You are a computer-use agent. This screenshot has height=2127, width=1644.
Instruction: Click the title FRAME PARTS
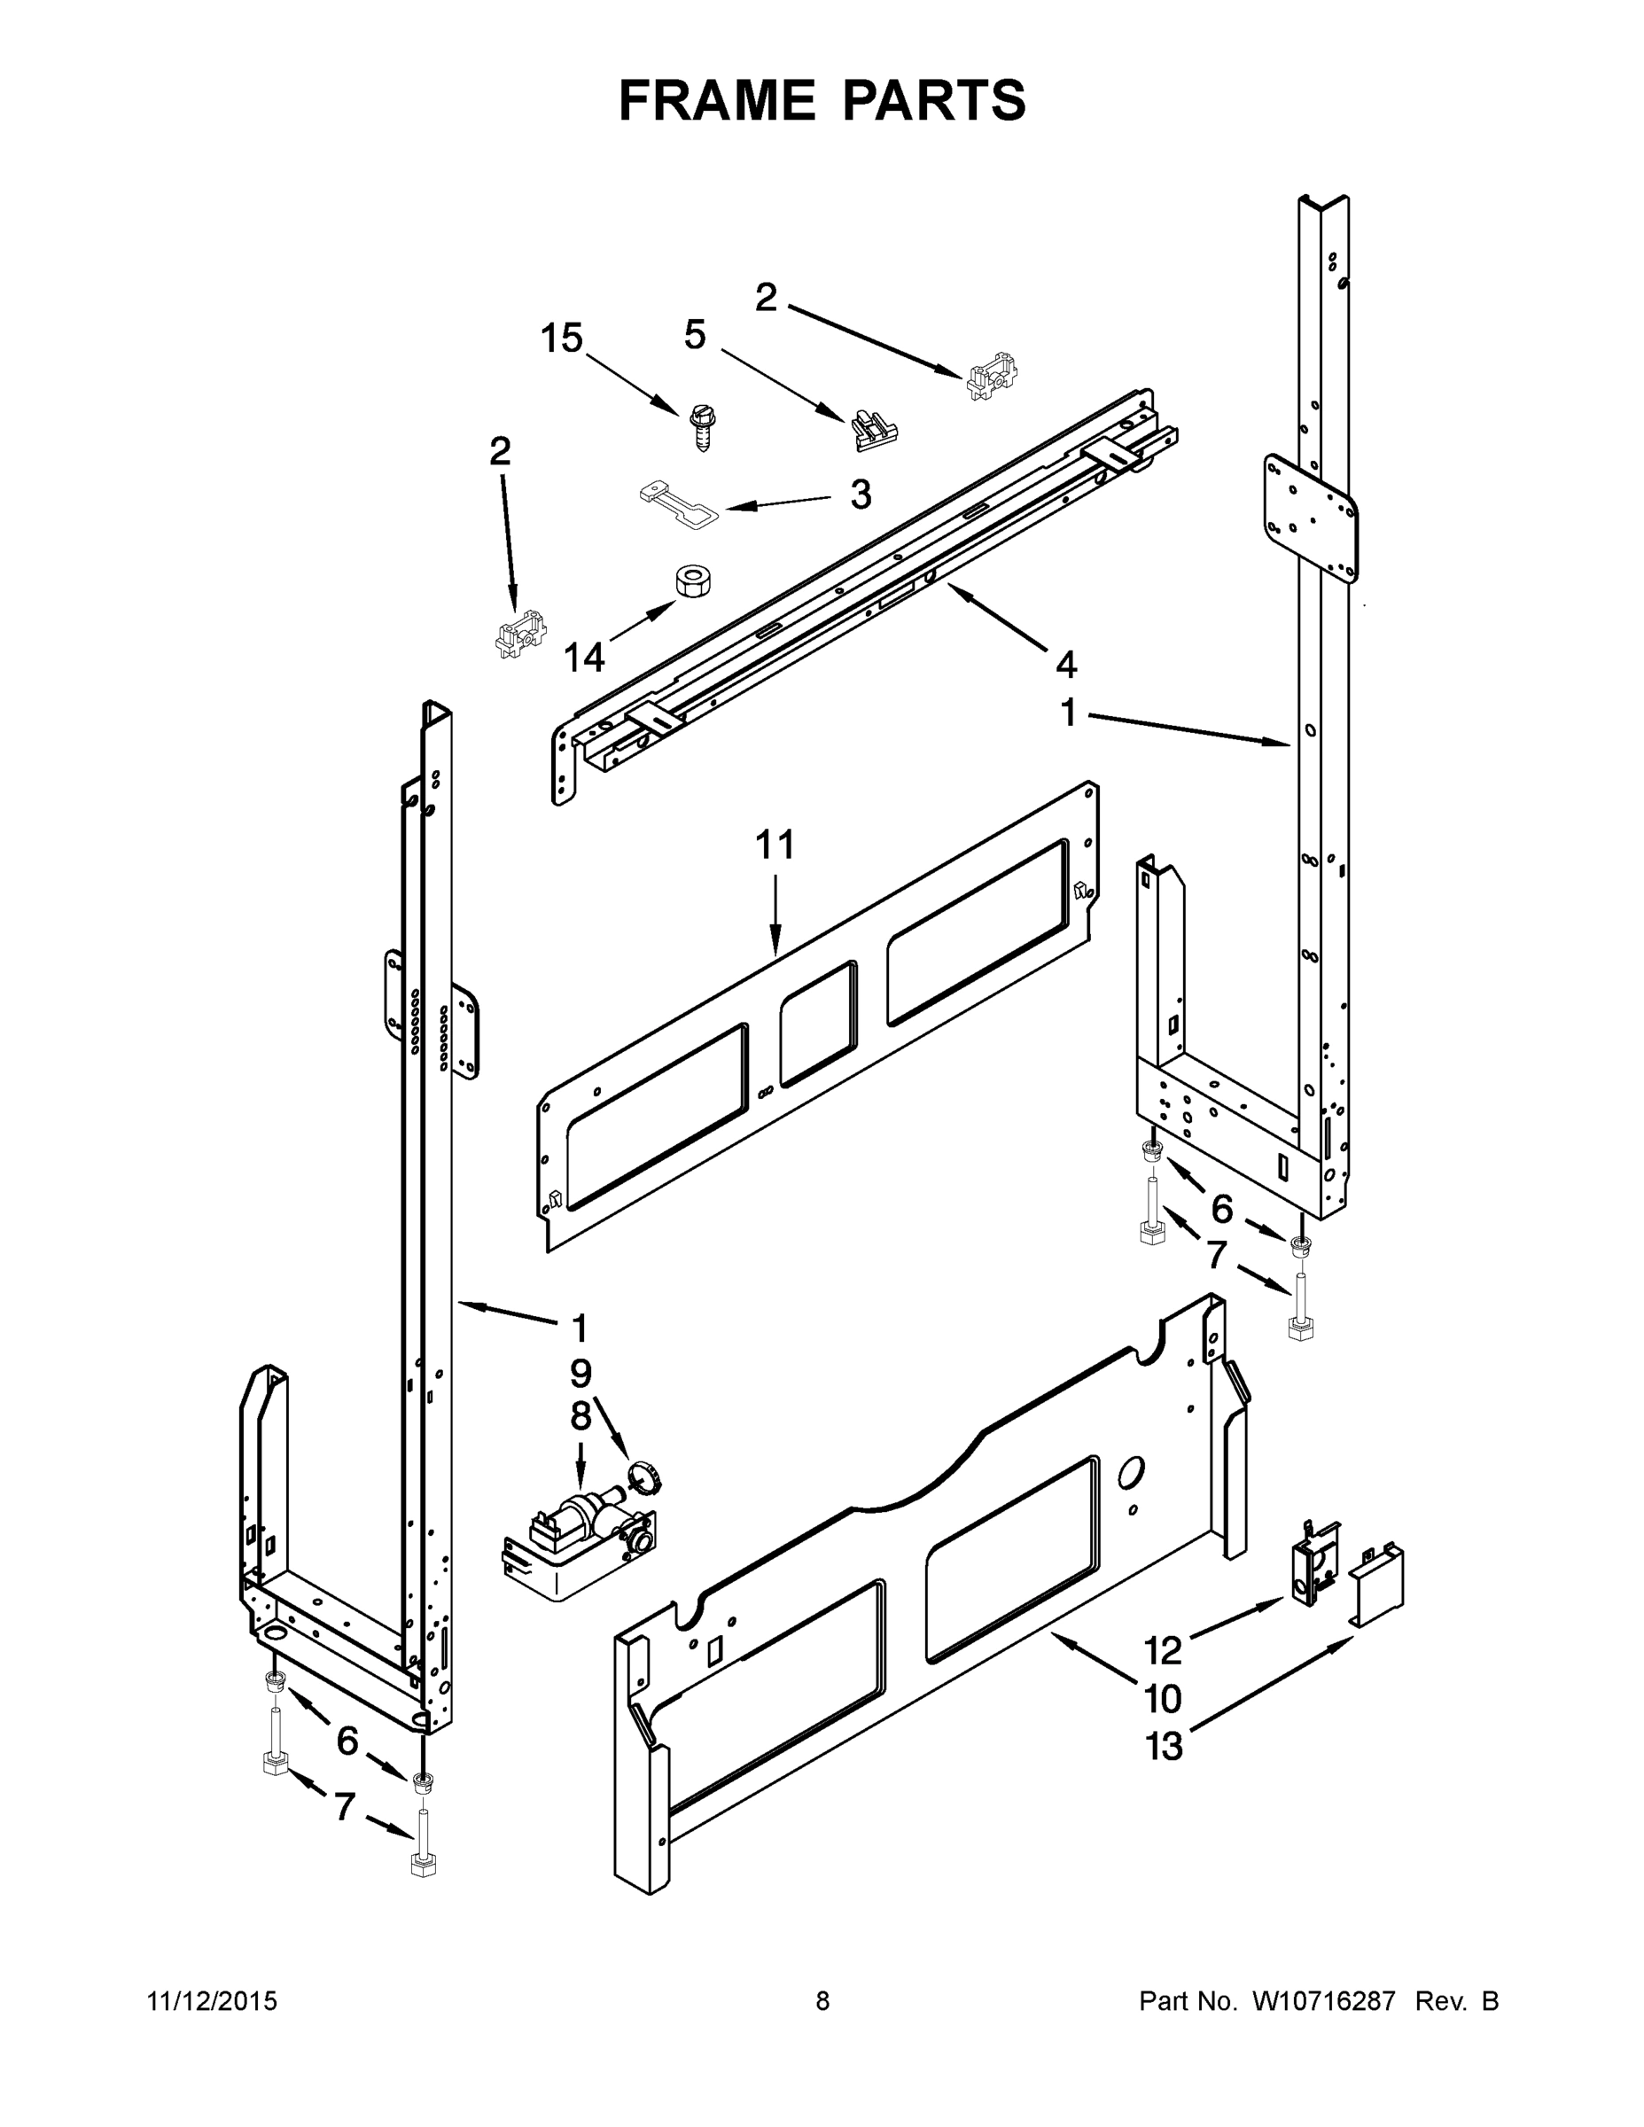pos(822,100)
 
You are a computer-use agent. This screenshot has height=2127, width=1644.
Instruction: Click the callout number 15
pos(562,339)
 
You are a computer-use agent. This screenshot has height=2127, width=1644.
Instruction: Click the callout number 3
pos(860,495)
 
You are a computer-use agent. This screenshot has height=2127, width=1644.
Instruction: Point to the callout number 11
pos(775,845)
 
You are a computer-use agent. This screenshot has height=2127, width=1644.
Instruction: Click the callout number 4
pos(1066,666)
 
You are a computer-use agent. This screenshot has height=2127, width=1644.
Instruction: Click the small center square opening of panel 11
pos(818,1024)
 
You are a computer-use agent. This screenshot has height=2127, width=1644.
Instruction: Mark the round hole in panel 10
pos(1131,1473)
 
